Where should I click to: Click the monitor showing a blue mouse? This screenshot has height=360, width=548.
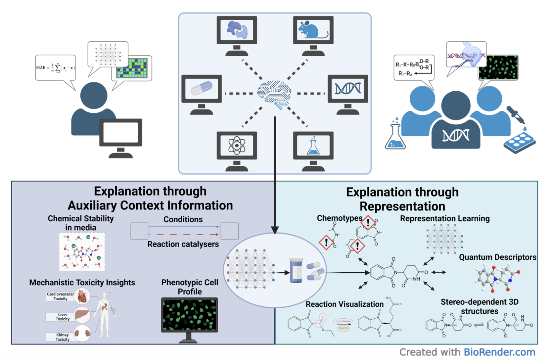tap(313, 30)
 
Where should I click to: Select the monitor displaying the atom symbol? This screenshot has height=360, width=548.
tap(237, 146)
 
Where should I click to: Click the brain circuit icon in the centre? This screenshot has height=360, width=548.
tap(274, 94)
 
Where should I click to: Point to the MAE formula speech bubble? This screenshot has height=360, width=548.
tap(55, 68)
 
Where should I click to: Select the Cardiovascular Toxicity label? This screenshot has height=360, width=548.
tap(60, 296)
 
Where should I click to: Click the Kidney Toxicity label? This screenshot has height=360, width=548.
tap(63, 337)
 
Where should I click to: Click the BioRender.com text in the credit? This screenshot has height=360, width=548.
tap(499, 352)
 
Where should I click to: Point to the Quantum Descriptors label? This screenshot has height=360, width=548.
tap(497, 257)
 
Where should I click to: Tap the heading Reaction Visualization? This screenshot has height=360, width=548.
tap(344, 304)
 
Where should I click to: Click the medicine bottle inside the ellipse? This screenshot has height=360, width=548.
tap(296, 270)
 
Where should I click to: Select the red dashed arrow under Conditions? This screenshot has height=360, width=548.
tap(184, 234)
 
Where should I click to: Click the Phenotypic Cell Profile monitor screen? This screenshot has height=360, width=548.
tap(189, 314)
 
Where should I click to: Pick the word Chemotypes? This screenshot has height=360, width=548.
tap(340, 218)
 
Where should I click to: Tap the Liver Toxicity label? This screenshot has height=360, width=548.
tap(63, 317)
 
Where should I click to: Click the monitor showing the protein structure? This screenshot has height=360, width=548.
tap(237, 30)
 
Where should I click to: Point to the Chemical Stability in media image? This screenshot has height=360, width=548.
tap(82, 251)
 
